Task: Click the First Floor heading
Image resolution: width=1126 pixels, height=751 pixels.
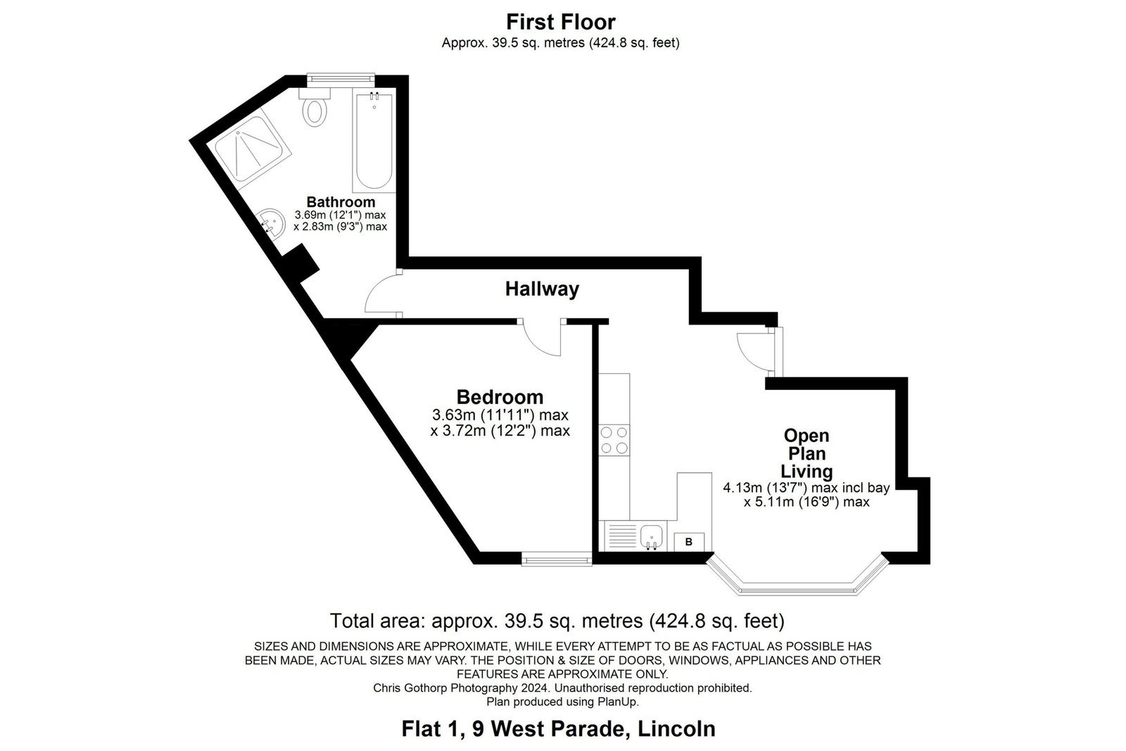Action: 560,22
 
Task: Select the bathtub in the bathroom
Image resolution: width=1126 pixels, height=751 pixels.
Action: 374,140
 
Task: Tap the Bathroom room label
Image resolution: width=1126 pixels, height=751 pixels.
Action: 341,202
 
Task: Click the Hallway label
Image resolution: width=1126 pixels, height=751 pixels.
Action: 542,289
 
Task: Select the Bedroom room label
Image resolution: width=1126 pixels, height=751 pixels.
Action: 500,397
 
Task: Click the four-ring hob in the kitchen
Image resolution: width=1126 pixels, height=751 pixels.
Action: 614,440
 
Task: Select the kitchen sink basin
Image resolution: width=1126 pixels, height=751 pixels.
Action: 652,536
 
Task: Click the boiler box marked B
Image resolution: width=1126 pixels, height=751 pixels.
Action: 689,542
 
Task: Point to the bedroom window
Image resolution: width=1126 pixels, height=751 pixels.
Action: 557,558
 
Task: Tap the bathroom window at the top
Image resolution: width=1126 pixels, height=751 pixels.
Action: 341,78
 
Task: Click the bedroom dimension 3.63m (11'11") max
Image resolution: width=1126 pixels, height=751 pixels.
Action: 500,415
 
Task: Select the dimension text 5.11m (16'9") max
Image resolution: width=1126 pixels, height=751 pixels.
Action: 811,502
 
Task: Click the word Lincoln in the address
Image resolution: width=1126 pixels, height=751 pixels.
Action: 676,728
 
